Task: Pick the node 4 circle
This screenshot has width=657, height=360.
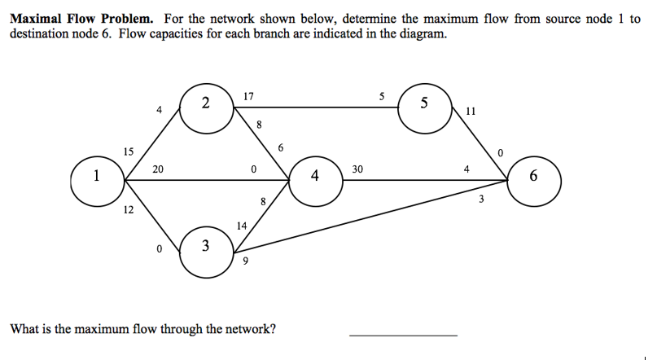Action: click(314, 177)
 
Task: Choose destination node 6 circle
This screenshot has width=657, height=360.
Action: click(534, 177)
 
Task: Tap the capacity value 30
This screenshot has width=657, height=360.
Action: click(357, 169)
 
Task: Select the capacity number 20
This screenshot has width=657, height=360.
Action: click(157, 169)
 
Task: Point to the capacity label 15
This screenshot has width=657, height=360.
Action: click(129, 151)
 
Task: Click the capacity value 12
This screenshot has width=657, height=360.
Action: click(129, 210)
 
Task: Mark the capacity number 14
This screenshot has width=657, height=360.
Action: click(241, 225)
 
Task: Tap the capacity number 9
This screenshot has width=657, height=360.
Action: click(245, 261)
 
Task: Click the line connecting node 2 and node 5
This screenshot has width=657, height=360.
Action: click(326, 106)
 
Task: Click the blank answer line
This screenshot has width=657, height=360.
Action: click(403, 334)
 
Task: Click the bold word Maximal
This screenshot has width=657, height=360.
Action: click(36, 19)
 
